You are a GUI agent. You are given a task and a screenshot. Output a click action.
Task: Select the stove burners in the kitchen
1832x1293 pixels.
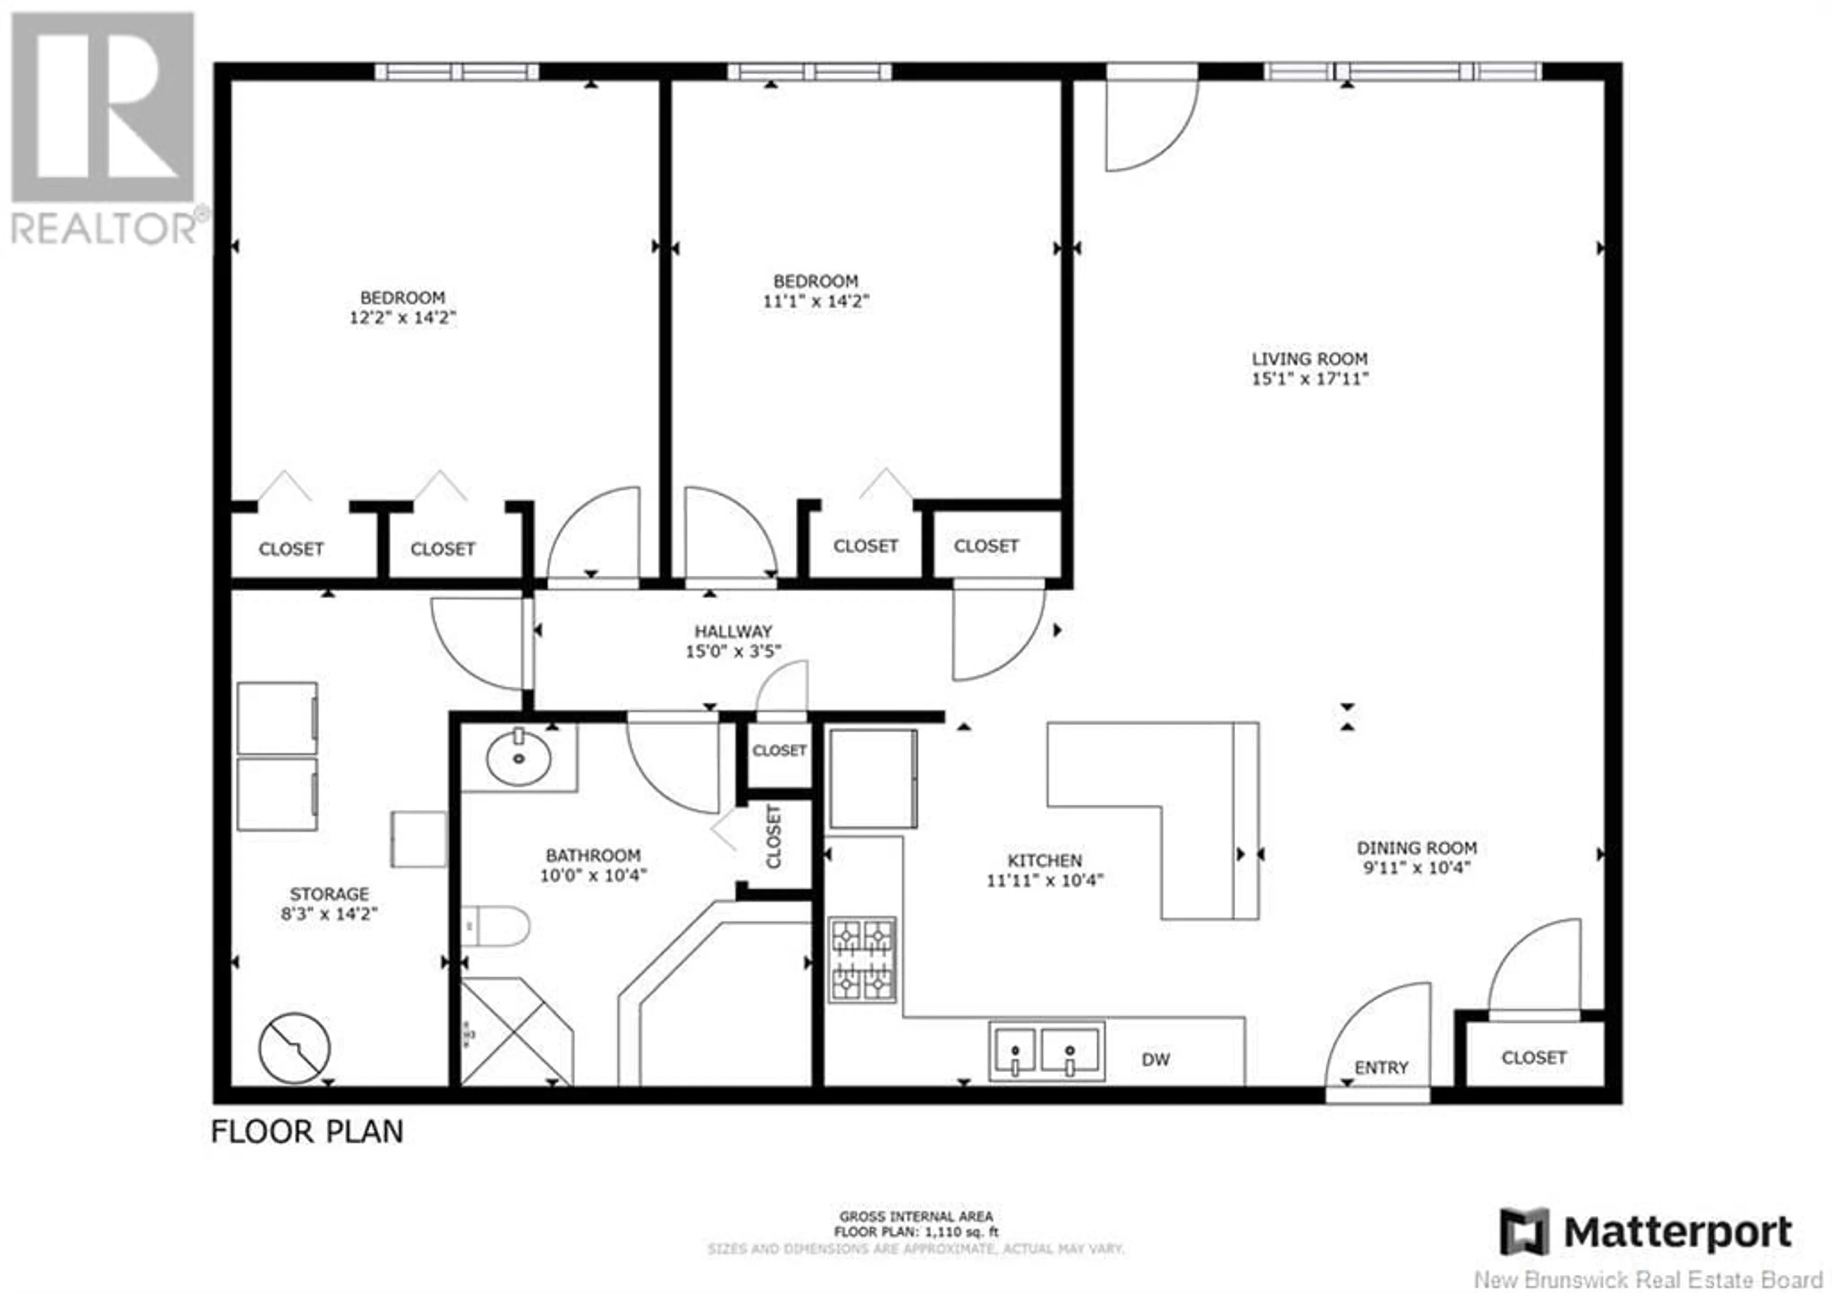point(863,960)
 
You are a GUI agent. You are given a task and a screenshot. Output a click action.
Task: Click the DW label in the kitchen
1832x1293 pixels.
point(1155,1059)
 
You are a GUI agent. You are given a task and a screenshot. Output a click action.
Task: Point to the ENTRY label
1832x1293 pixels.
point(1381,1067)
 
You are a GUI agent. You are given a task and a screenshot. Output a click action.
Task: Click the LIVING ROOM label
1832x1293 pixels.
point(1310,359)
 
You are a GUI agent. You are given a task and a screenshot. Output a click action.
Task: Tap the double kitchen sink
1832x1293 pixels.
point(1047,1051)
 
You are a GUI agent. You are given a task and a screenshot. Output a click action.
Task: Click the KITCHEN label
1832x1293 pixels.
point(1044,861)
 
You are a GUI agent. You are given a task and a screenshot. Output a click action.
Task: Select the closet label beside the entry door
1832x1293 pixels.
point(1533,1058)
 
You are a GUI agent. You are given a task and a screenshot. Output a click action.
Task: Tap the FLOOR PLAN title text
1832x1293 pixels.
point(307,1132)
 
